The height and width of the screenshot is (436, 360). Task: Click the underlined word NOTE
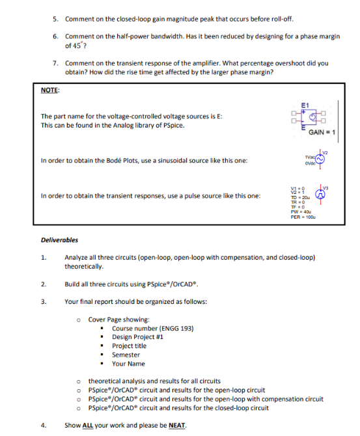pyautogui.click(x=50, y=90)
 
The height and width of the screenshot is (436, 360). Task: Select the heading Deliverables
pyautogui.click(x=59, y=240)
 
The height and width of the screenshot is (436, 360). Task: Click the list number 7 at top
pyautogui.click(x=55, y=63)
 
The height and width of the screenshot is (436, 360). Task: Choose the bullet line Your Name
pyautogui.click(x=128, y=364)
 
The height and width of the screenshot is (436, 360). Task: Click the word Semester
pyautogui.click(x=126, y=355)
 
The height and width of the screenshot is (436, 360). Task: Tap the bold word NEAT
pyautogui.click(x=176, y=426)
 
